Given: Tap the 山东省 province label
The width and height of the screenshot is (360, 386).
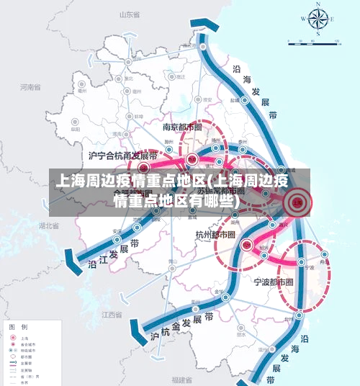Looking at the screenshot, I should coord(128,14).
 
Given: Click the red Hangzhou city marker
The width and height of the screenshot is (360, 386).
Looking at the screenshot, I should coord(247,245).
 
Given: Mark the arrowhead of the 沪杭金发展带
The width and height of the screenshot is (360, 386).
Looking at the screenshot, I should coord(132,333).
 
